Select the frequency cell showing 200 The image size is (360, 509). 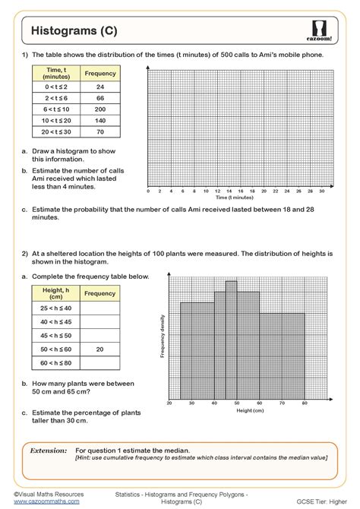pyautogui.click(x=99, y=109)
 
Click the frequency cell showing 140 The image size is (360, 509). pyautogui.click(x=99, y=120)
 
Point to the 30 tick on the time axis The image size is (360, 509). pyautogui.click(x=321, y=191)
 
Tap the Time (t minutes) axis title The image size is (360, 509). pyautogui.click(x=235, y=198)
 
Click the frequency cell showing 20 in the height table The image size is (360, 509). pyautogui.click(x=99, y=349)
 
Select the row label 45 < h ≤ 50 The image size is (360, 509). pyautogui.click(x=55, y=335)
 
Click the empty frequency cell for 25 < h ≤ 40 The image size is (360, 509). pyautogui.click(x=99, y=308)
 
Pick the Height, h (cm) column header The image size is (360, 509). pyautogui.click(x=55, y=293)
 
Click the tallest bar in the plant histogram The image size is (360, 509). pyautogui.click(x=232, y=342)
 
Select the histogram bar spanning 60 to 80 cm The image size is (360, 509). pyautogui.click(x=282, y=357)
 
